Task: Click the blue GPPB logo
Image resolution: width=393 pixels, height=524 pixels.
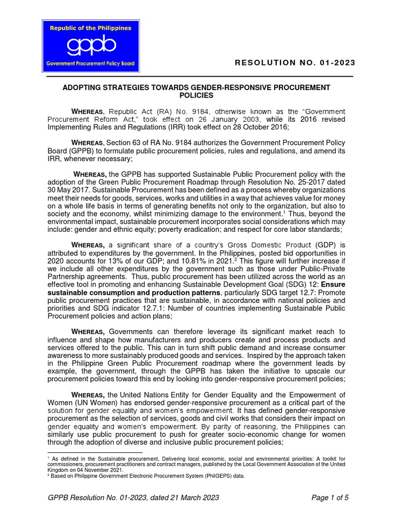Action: [x=90, y=46]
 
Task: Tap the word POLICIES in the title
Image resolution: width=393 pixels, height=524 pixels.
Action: [x=196, y=96]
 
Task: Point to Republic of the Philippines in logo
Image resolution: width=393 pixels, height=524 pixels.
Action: [x=90, y=28]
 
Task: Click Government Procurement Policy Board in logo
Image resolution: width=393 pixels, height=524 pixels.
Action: [x=90, y=64]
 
